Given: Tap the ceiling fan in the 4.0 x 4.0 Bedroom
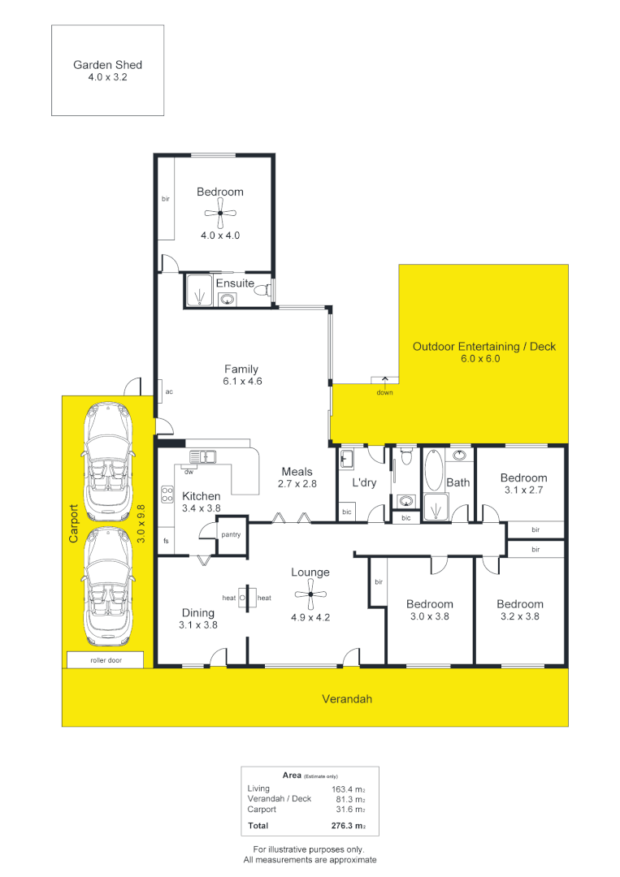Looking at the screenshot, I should click(x=220, y=214).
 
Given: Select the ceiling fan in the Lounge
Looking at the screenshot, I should click(x=310, y=597).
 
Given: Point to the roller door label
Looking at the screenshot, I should click(x=107, y=661).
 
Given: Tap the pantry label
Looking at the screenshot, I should click(x=231, y=535).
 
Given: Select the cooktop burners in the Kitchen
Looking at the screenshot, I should click(x=168, y=495).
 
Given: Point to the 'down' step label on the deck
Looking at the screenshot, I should click(x=384, y=393).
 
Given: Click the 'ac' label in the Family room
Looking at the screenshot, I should click(x=169, y=392).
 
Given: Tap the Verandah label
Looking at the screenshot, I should click(x=347, y=698).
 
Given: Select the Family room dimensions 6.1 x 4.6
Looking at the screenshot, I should click(x=241, y=381).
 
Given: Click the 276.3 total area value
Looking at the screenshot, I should click(x=347, y=827).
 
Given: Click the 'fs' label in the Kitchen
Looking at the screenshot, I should click(x=166, y=541).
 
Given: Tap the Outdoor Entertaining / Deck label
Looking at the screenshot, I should click(x=484, y=346).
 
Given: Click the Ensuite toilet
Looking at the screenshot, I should click(x=262, y=288).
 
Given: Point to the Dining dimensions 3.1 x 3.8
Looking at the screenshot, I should click(x=197, y=625).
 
